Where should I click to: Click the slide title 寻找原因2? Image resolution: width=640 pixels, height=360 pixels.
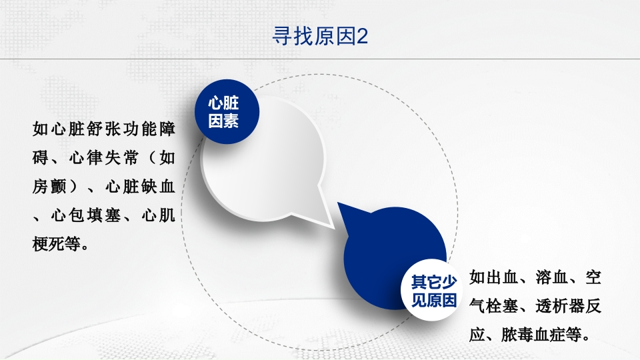[320, 36]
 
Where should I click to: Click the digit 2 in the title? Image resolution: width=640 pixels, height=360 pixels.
[363, 36]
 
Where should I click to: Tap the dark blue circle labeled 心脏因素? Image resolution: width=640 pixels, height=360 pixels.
[224, 113]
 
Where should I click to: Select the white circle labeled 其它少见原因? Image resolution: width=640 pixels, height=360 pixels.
[433, 291]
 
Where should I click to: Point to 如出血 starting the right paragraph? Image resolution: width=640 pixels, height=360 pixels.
[493, 277]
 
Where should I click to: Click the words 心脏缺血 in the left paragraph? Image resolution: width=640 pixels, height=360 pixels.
[140, 187]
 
